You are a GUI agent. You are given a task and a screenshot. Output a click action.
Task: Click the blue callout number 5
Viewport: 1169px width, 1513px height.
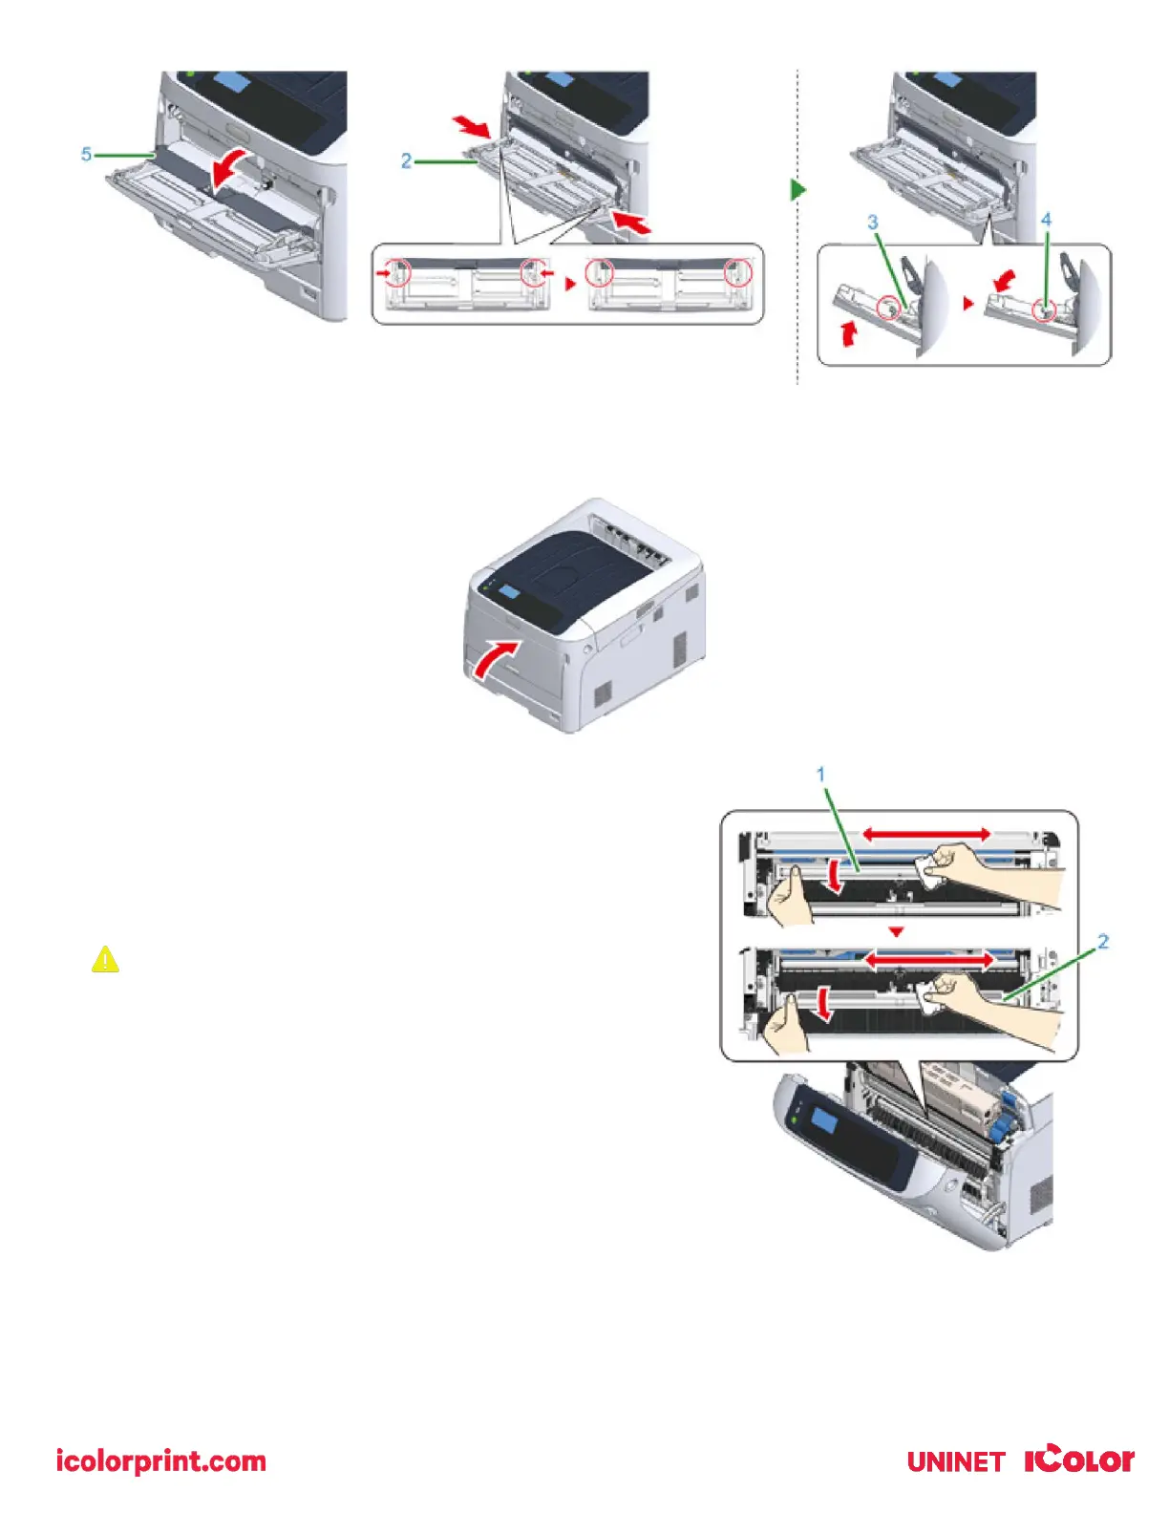click(86, 154)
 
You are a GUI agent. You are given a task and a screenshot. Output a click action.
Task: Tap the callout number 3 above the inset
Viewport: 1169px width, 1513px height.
click(872, 222)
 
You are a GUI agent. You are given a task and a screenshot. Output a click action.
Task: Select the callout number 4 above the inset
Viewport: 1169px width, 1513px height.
click(1046, 220)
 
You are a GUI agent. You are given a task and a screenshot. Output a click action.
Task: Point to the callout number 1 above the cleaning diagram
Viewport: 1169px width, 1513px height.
click(820, 774)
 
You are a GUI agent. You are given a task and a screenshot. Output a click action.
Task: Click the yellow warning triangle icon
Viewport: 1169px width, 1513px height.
click(105, 959)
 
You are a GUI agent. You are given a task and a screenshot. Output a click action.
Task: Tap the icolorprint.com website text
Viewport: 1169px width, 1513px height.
click(160, 1460)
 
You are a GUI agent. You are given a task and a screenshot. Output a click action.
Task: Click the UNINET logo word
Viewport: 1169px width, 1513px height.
click(955, 1461)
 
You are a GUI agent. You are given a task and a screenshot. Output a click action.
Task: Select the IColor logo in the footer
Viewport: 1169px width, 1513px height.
click(1079, 1460)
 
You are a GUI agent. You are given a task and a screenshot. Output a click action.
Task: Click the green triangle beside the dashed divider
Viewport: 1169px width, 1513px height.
click(798, 190)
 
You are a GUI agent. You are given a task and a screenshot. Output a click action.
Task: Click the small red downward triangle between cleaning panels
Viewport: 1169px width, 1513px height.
click(896, 931)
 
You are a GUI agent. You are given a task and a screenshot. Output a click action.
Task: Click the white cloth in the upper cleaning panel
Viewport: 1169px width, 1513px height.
click(926, 867)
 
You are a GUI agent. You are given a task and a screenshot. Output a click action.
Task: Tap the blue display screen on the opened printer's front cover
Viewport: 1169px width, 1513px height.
click(822, 1121)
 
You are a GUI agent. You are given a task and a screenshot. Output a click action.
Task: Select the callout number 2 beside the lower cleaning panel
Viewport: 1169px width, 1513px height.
click(1103, 942)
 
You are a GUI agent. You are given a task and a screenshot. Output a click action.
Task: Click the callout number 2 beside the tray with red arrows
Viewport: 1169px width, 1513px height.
click(406, 161)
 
